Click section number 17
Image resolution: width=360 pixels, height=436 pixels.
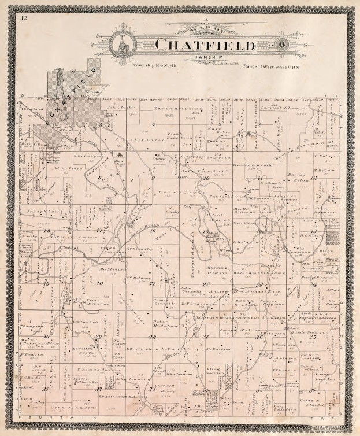[99, 230]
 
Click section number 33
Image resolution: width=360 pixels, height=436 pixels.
[152, 389]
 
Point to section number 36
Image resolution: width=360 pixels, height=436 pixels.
[312, 390]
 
